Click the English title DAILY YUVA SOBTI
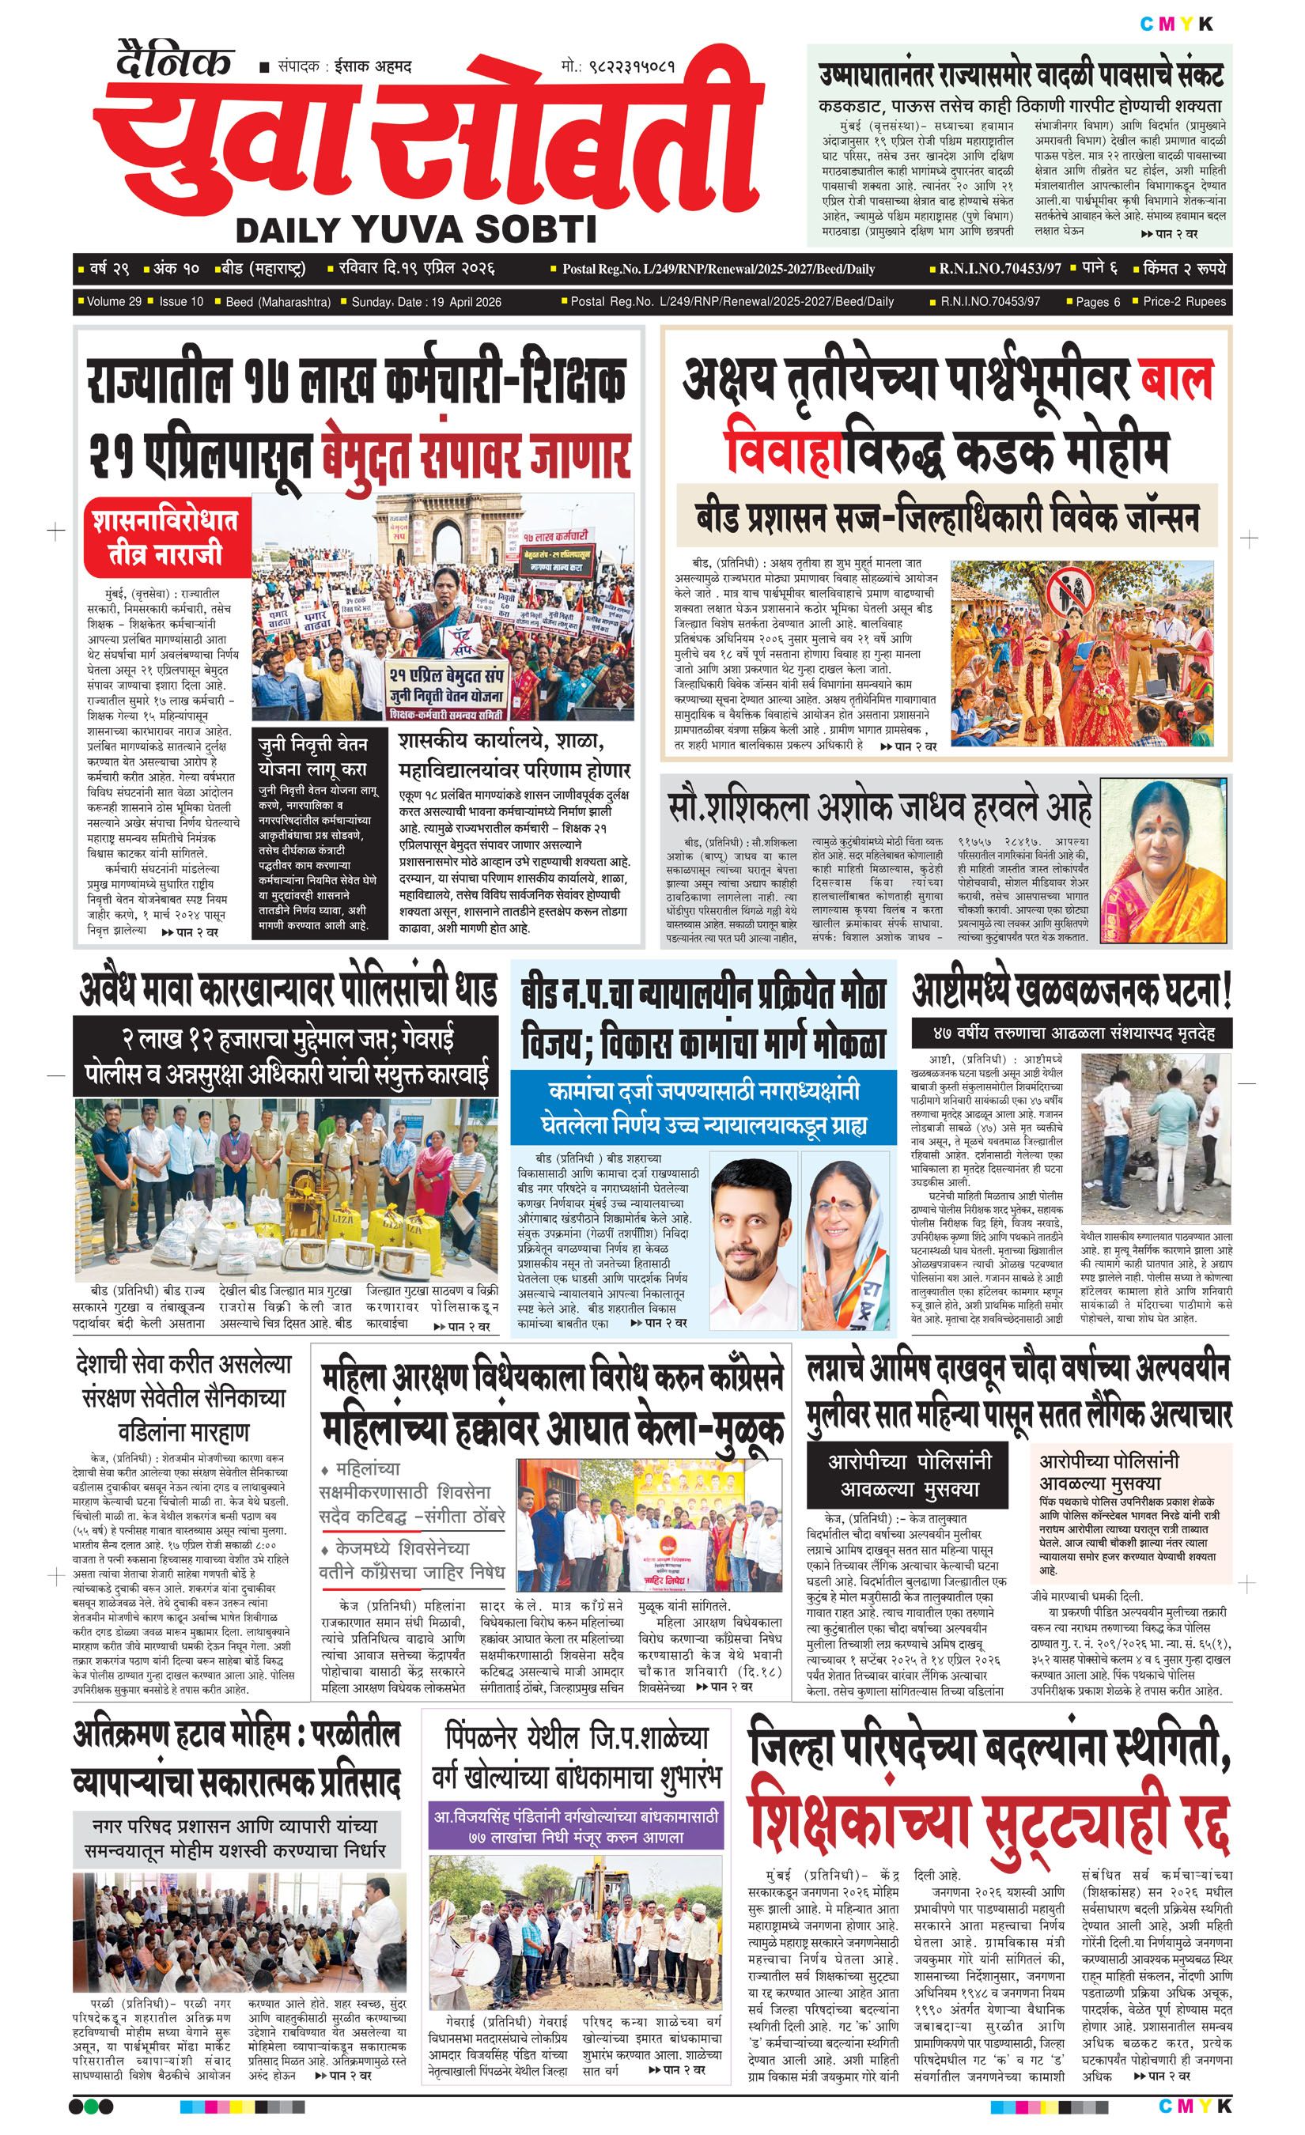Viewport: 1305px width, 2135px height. [416, 230]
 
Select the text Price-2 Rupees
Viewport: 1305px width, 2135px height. [1185, 301]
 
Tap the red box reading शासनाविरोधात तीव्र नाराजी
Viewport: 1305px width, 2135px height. [165, 537]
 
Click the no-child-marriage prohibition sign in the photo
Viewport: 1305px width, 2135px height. [1068, 595]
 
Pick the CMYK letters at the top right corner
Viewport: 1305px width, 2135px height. [1176, 25]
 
